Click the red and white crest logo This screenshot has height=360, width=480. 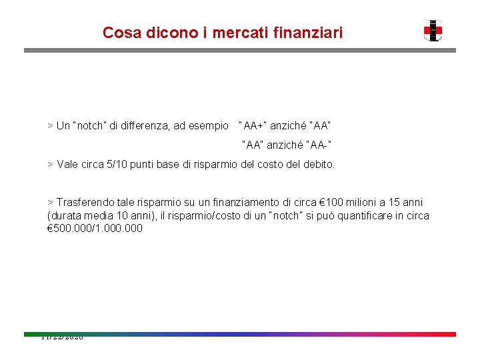433,31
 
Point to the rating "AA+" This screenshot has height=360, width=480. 253,125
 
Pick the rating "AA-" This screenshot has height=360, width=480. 319,144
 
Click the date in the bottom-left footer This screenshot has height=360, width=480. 61,337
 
